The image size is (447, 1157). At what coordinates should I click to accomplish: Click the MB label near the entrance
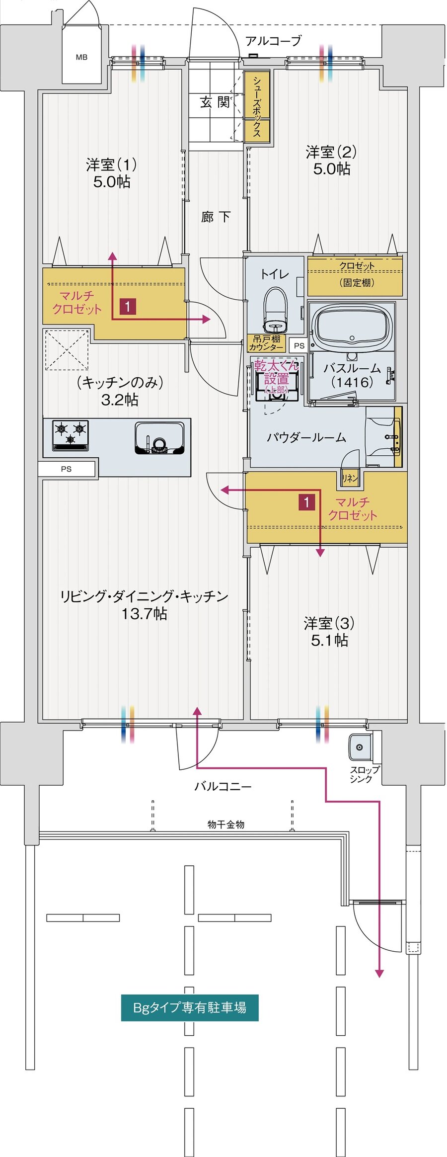pyautogui.click(x=82, y=57)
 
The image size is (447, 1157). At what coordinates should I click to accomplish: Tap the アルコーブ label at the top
pyautogui.click(x=273, y=41)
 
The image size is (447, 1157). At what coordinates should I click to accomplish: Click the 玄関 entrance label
pyautogui.click(x=215, y=102)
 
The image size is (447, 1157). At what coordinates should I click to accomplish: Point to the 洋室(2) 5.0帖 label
pyautogui.click(x=331, y=160)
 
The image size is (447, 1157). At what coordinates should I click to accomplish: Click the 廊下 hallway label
pyautogui.click(x=216, y=217)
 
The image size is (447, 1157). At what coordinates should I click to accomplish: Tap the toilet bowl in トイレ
pyautogui.click(x=275, y=310)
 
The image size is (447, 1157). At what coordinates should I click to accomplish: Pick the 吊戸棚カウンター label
pyautogui.click(x=266, y=343)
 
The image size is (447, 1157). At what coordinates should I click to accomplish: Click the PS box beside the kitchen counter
pyautogui.click(x=67, y=469)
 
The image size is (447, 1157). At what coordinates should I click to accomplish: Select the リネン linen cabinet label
pyautogui.click(x=350, y=478)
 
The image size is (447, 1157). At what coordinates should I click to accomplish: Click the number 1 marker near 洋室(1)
pyautogui.click(x=128, y=306)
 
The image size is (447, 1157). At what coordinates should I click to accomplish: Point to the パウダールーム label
pyautogui.click(x=306, y=437)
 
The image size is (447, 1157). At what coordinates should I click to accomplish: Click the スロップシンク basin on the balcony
pyautogui.click(x=360, y=746)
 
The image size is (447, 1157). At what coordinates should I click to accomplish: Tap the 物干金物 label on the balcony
pyautogui.click(x=226, y=825)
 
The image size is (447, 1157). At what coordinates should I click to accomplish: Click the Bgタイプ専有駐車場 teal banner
pyautogui.click(x=190, y=1007)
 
